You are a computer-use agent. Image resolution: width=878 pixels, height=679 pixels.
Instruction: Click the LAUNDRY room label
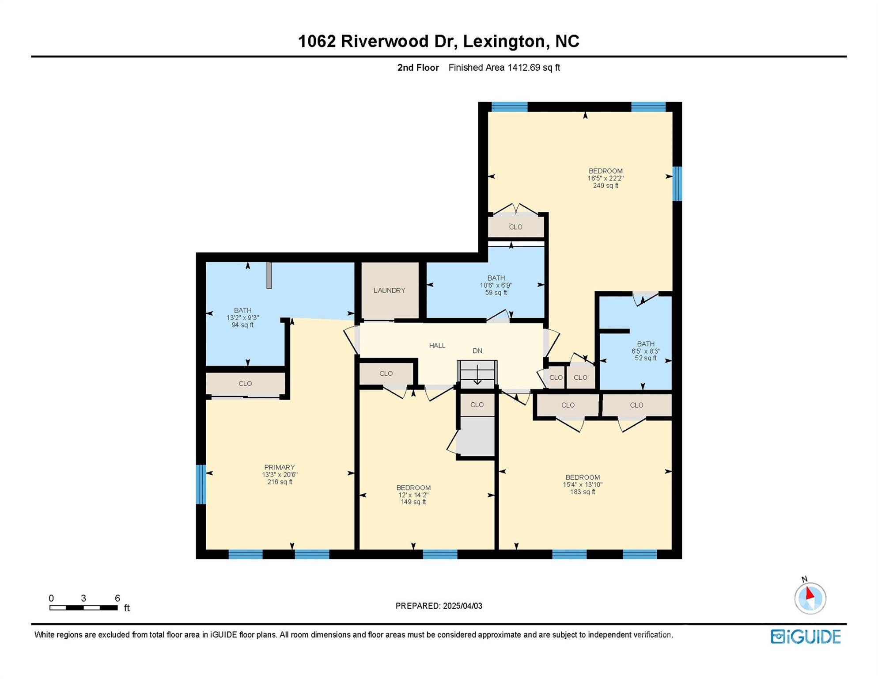pos(389,290)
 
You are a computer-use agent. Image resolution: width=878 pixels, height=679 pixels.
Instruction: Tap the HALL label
pos(437,346)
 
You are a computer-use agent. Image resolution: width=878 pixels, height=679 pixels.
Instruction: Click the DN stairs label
pos(477,351)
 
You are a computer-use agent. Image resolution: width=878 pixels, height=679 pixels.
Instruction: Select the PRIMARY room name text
pos(279,467)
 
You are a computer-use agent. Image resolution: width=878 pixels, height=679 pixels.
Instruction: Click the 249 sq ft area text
pos(606,186)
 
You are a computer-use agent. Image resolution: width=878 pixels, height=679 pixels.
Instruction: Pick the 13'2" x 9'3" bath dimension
pos(242,318)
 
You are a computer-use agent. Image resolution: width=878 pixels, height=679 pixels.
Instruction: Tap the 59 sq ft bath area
pos(496,293)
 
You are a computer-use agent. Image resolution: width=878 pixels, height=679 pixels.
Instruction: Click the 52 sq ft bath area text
pos(646,359)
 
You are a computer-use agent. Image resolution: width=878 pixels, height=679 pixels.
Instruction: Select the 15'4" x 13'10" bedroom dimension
pos(583,484)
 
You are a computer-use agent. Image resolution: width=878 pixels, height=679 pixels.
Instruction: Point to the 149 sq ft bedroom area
pos(413,502)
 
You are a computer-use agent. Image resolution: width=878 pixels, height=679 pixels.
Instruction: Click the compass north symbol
pos(810,597)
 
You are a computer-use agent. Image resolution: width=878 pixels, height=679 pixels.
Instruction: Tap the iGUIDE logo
pos(806,637)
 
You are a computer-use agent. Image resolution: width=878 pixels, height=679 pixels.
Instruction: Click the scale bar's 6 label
pos(117,598)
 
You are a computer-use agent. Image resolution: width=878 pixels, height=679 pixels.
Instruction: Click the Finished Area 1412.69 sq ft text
pos(504,68)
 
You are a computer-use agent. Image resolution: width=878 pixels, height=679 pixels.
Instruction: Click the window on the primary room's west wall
pos(201,484)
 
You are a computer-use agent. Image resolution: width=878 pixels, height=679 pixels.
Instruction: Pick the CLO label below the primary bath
pos(245,384)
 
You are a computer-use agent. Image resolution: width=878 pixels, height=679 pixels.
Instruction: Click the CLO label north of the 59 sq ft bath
pos(515,227)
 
